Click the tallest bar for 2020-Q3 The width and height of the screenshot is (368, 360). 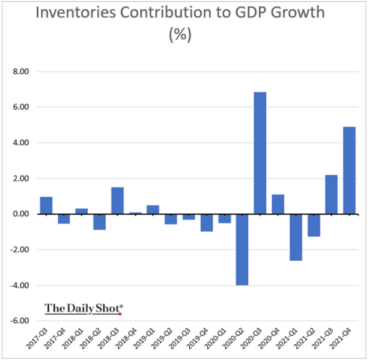click(260, 153)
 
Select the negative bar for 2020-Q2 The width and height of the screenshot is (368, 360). click(242, 250)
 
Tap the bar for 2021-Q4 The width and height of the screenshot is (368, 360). click(349, 170)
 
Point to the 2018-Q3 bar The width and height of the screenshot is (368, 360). click(117, 201)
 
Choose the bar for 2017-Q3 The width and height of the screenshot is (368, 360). click(46, 206)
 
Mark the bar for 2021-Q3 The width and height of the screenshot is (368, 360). click(331, 195)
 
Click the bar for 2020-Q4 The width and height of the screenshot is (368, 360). click(278, 204)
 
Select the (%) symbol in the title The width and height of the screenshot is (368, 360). click(180, 35)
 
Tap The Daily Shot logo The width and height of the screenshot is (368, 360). click(83, 309)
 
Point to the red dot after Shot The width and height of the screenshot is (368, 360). click(120, 314)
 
